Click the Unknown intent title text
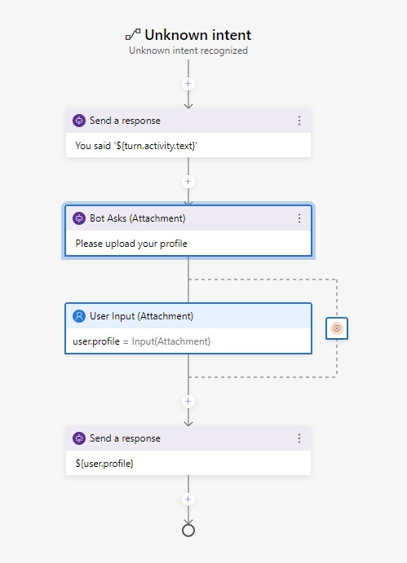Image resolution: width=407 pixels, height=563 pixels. (x=197, y=35)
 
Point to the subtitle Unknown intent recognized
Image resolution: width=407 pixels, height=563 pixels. (x=188, y=51)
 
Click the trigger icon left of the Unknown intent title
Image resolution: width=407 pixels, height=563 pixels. (x=133, y=35)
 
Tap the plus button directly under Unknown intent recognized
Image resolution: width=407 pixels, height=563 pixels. (x=188, y=84)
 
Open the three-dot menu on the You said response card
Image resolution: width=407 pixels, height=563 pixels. (x=299, y=121)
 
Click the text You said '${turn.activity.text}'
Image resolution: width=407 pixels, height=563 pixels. (x=137, y=146)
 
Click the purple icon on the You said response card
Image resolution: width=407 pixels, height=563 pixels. (x=79, y=121)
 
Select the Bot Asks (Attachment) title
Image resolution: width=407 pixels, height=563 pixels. (x=137, y=218)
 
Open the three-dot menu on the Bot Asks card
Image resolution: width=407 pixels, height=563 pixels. (x=299, y=218)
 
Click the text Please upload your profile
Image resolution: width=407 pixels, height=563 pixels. (x=131, y=243)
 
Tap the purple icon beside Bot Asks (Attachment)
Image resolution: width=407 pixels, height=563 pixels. (x=79, y=218)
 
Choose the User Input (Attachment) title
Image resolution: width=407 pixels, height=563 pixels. (x=141, y=316)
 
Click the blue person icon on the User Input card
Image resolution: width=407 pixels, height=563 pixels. (x=79, y=316)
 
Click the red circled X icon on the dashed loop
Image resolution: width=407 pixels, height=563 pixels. (x=337, y=328)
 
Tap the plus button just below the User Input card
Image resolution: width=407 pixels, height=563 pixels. (x=188, y=402)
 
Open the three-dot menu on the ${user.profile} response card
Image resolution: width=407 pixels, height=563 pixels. (x=299, y=438)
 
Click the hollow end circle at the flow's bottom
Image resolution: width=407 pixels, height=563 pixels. (x=188, y=530)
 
